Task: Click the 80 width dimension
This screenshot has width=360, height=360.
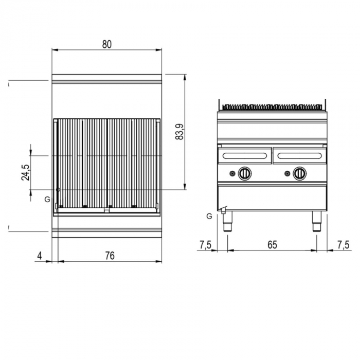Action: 107,44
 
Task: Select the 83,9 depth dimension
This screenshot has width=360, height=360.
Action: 179,132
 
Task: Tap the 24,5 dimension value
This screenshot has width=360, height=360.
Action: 26,173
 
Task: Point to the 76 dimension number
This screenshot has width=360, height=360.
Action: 110,256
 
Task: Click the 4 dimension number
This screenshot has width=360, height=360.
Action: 40,256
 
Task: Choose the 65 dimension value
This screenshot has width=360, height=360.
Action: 272,245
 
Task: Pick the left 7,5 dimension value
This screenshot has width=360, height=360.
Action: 205,245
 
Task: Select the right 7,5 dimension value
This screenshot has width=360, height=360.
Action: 343,245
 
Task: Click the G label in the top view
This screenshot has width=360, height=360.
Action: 47,200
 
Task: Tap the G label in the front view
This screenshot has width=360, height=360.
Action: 209,216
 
